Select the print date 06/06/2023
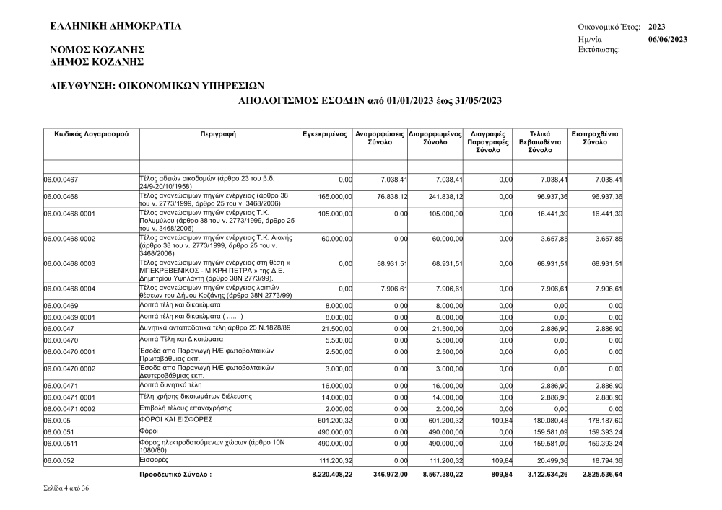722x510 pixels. click(x=668, y=39)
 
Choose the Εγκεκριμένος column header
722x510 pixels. click(x=325, y=134)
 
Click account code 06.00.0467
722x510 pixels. click(x=61, y=180)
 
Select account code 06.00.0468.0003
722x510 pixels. click(x=70, y=264)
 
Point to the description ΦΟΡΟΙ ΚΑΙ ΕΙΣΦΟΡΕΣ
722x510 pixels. click(x=175, y=419)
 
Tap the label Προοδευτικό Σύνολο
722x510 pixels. click(x=175, y=475)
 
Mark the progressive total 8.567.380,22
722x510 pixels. click(x=443, y=475)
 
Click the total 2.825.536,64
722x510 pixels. click(x=602, y=475)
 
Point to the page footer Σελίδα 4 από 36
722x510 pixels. click(x=67, y=489)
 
